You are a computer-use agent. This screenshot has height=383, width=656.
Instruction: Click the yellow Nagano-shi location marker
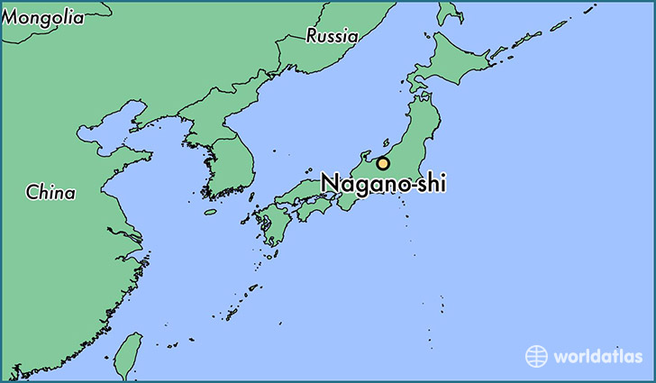point(383,164)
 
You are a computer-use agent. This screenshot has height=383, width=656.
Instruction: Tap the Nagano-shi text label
point(383,183)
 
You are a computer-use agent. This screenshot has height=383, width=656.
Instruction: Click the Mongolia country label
point(43,16)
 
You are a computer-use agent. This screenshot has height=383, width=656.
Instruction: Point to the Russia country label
point(332,36)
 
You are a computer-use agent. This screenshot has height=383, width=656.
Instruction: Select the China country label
point(50,192)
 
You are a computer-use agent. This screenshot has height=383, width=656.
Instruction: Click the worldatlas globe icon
point(536,355)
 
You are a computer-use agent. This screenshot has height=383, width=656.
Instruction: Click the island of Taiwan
point(132,352)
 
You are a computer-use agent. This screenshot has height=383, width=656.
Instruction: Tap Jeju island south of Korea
point(210,212)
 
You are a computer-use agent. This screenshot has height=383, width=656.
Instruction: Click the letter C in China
point(32,192)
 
